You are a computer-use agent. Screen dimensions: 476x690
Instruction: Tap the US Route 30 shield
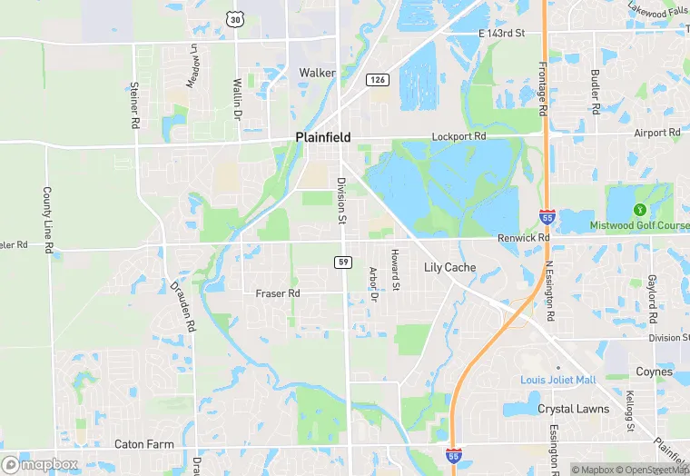237,19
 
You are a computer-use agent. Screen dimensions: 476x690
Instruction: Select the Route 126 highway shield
378,81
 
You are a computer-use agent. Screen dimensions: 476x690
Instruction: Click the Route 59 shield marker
342,262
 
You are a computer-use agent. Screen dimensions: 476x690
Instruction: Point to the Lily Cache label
450,268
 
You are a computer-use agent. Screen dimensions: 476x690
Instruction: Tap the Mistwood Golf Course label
639,225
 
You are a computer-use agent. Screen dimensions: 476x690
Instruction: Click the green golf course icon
639,211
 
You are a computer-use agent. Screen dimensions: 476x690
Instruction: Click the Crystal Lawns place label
574,409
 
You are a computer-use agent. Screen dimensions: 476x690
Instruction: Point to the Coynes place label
654,372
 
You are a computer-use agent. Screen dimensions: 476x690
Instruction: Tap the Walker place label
317,73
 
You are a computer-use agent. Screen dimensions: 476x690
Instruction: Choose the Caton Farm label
143,444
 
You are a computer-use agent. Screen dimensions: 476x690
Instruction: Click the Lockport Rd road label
458,136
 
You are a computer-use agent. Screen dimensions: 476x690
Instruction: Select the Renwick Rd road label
524,238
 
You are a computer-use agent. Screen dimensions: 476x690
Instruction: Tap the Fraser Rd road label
277,293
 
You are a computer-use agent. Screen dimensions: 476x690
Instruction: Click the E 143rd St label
502,34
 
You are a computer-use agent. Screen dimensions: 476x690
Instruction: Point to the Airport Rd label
656,133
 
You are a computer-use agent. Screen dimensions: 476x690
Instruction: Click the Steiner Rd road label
133,104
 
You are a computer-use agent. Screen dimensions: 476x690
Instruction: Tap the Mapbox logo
40,464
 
